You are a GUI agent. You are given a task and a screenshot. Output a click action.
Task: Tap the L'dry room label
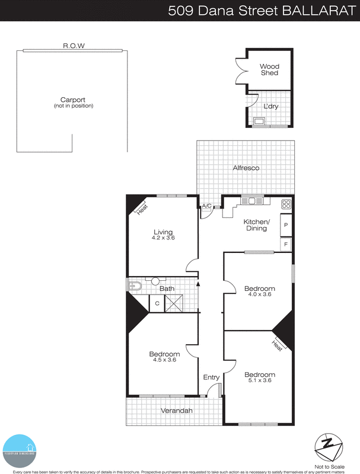(270, 107)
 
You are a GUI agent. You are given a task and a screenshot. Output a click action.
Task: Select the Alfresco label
(246, 168)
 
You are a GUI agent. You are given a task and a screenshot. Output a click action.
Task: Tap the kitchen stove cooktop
(286, 204)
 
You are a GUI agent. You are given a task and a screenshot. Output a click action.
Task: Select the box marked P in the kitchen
(286, 225)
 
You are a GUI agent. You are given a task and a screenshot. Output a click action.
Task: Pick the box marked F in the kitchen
(286, 244)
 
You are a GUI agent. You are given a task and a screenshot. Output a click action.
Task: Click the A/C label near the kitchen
(206, 206)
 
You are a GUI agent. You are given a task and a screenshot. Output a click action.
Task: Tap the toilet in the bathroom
(133, 287)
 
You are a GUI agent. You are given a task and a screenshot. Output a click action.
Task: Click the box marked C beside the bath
(157, 303)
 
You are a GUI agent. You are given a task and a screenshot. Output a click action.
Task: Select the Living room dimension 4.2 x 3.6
(163, 238)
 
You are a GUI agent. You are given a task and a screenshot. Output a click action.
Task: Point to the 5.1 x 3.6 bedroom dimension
(259, 380)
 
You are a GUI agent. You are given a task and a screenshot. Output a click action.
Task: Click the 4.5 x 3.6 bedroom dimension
(164, 360)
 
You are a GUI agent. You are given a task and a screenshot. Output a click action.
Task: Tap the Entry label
(211, 377)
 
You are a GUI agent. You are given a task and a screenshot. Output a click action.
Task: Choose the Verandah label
(177, 409)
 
